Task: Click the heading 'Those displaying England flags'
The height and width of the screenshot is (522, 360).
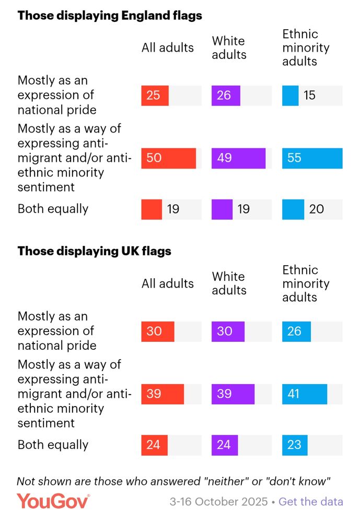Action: point(110,15)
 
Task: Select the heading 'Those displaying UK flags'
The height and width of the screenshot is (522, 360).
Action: point(94,251)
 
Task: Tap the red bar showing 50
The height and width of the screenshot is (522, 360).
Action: point(168,158)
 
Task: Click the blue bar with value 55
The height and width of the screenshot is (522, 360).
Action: point(312,158)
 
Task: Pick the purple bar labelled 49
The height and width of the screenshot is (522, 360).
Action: point(238,158)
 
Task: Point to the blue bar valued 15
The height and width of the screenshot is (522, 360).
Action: point(290,96)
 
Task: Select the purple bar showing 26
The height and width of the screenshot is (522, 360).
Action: point(226,96)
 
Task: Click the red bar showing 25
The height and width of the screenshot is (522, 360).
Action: point(155,96)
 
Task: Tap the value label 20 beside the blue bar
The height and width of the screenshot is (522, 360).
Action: point(316,209)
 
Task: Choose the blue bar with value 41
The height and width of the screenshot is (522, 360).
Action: point(305,394)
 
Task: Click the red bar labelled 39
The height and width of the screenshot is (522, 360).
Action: point(162,394)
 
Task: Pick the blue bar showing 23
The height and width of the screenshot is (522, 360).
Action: point(295,445)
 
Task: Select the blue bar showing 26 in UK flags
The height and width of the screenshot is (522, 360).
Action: point(296,331)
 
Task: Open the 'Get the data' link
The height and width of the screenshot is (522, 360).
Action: point(311,502)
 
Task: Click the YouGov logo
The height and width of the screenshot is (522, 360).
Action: point(53,501)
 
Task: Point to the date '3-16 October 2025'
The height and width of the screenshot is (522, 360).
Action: point(219,502)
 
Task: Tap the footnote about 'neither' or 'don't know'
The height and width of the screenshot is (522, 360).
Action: point(175,481)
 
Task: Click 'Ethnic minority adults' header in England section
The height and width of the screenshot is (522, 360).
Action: point(306,48)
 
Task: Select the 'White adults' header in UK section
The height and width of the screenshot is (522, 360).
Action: point(229,283)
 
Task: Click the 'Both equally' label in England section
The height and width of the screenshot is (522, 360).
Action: point(53,209)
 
